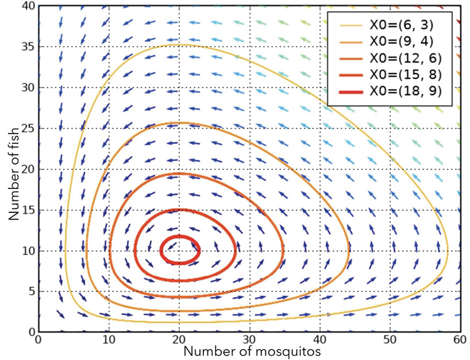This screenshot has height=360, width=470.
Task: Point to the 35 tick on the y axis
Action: click(x=27, y=47)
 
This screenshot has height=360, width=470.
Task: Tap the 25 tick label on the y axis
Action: click(x=27, y=128)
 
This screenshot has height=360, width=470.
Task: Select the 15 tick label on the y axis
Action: click(x=27, y=210)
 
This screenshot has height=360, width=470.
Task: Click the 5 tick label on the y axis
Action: click(x=30, y=291)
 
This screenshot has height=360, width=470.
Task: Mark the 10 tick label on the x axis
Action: click(x=108, y=340)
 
